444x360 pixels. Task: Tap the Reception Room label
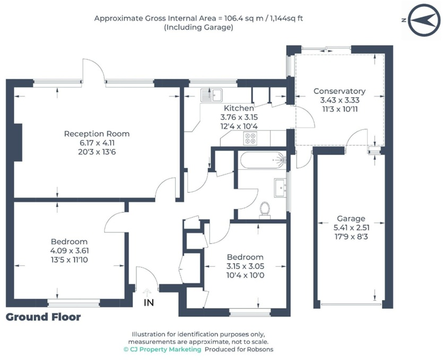coord(97,134)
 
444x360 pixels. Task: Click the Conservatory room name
coord(339,91)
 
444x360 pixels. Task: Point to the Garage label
coord(351,218)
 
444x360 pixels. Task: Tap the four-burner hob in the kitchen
coord(250,138)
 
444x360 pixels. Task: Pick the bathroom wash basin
coord(280,187)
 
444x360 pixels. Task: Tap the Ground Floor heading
coord(43,317)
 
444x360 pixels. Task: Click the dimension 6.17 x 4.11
coord(97,142)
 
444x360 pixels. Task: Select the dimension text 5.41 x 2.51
coord(351,227)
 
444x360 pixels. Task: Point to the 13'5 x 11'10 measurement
coord(69,259)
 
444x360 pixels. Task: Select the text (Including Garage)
coord(198,27)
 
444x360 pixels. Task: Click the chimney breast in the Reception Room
coord(19,142)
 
